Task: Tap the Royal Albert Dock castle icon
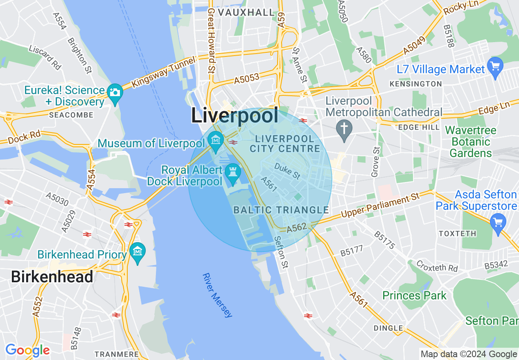tap(233, 171)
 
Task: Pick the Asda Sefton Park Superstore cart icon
tap(498, 223)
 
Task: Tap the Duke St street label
tap(287, 171)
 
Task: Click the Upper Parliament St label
tap(380, 206)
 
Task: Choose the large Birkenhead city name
tap(52, 277)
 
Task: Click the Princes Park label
tap(414, 295)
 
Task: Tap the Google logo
tap(27, 350)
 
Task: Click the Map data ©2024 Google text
tap(469, 354)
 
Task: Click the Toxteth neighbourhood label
tap(457, 234)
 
